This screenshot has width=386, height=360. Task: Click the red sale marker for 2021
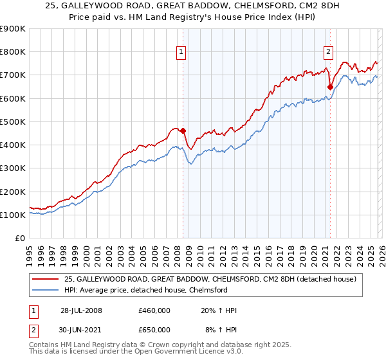pyautogui.click(x=330, y=87)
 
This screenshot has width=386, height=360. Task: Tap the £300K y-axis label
pyautogui.click(x=13, y=168)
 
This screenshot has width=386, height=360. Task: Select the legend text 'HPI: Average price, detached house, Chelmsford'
pyautogui.click(x=146, y=290)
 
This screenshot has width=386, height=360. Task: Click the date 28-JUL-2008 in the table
pyautogui.click(x=81, y=310)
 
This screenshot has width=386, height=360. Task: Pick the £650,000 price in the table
pyautogui.click(x=154, y=329)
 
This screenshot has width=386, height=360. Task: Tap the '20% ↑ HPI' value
pyautogui.click(x=219, y=310)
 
